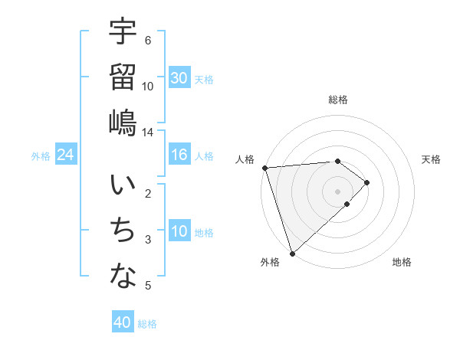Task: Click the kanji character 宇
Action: (x=123, y=32)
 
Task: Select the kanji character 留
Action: (x=123, y=77)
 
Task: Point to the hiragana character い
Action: (x=123, y=187)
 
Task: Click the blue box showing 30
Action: (x=179, y=78)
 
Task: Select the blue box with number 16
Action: (x=179, y=155)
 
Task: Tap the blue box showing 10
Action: (x=179, y=232)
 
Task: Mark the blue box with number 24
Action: (x=66, y=155)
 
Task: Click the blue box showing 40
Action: (x=123, y=322)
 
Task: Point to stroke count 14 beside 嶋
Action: (x=147, y=133)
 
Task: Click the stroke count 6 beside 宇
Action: (x=148, y=40)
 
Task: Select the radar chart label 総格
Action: (x=337, y=100)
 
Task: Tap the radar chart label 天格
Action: (x=432, y=159)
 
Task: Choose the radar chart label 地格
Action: (x=402, y=262)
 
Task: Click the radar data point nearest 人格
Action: (x=264, y=167)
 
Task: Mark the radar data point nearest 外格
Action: (x=292, y=252)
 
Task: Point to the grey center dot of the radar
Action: (x=337, y=190)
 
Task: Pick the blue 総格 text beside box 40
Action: (x=147, y=323)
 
